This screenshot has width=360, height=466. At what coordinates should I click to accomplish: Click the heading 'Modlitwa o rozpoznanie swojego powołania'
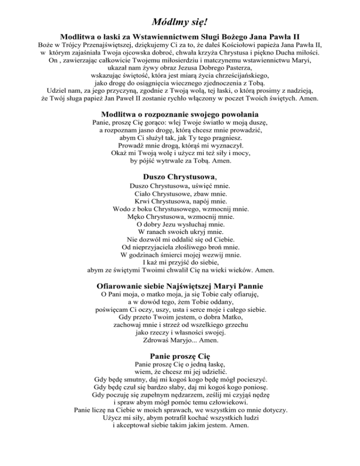click(180, 114)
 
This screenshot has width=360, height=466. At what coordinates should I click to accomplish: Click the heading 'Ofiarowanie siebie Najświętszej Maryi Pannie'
click(180, 286)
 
